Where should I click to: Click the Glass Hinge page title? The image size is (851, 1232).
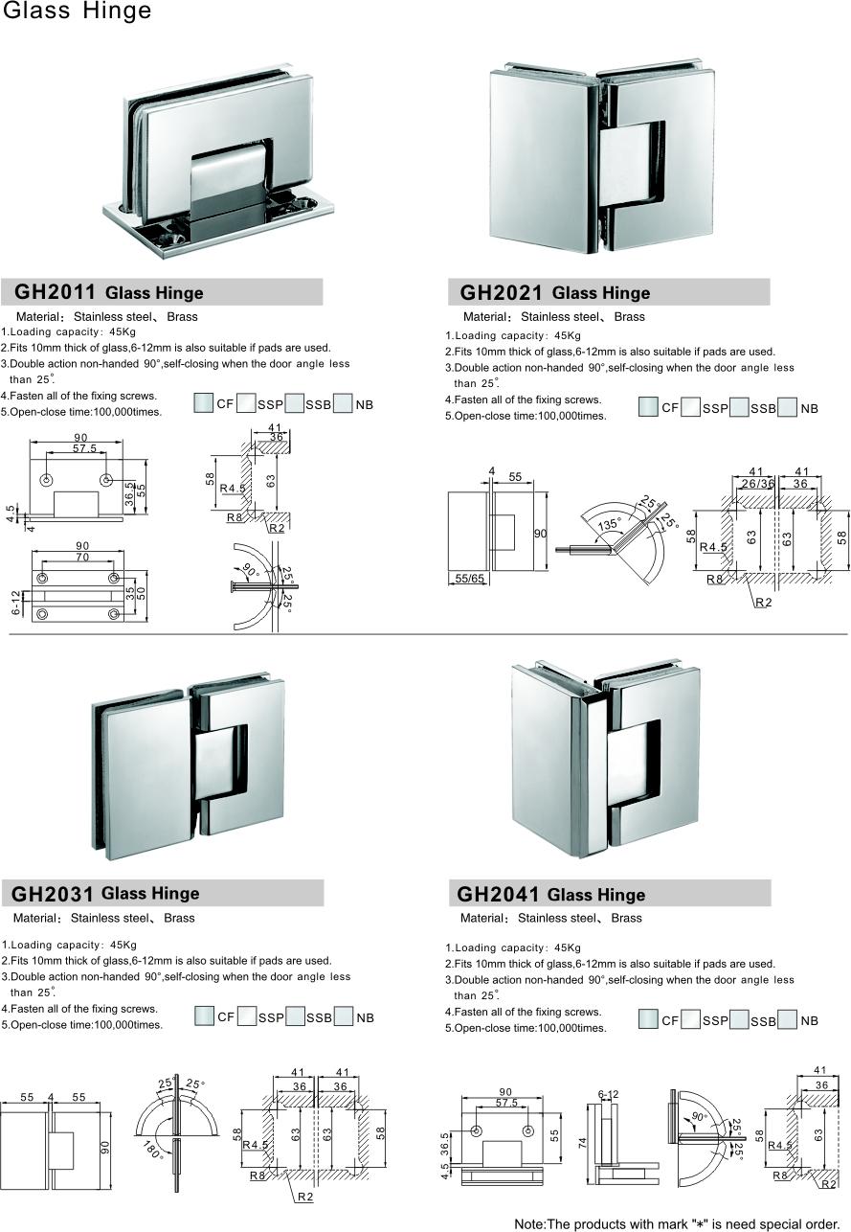pyautogui.click(x=76, y=11)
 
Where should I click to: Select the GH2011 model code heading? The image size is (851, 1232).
pyautogui.click(x=54, y=292)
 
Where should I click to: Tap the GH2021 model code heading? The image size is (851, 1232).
pyautogui.click(x=501, y=292)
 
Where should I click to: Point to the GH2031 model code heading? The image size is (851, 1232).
pyautogui.click(x=52, y=894)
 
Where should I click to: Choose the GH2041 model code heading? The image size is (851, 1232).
pyautogui.click(x=498, y=895)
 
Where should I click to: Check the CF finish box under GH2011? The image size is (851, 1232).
pyautogui.click(x=203, y=403)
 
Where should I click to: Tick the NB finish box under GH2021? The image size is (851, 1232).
pyautogui.click(x=788, y=407)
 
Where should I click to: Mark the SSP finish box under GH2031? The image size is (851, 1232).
pyautogui.click(x=247, y=1016)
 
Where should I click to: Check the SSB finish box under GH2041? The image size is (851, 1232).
pyautogui.click(x=739, y=1020)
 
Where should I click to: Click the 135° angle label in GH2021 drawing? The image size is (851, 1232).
pyautogui.click(x=608, y=524)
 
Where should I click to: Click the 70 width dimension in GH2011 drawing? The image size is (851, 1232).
pyautogui.click(x=82, y=556)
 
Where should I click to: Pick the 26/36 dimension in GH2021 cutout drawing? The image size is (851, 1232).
pyautogui.click(x=755, y=483)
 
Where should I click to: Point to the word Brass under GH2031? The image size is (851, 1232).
pyautogui.click(x=179, y=918)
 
